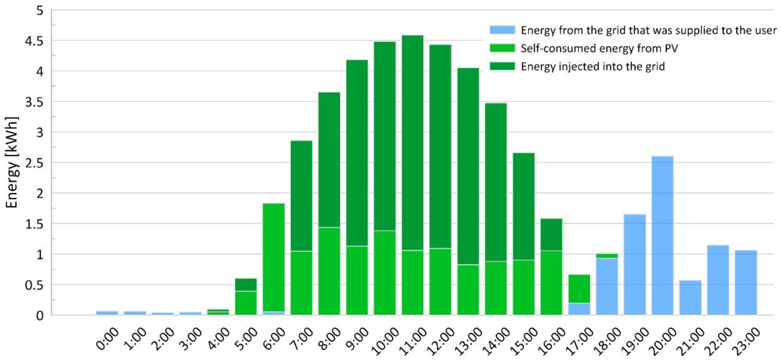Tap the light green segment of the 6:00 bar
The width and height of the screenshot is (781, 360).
click(273, 258)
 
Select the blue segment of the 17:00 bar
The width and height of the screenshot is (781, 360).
click(579, 309)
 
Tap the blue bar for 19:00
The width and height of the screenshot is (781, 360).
click(635, 264)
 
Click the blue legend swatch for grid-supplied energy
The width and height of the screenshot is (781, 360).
click(502, 30)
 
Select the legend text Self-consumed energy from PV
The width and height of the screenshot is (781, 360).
click(599, 48)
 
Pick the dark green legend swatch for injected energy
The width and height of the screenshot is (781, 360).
click(502, 66)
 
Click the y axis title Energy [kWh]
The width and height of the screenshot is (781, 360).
click(12, 162)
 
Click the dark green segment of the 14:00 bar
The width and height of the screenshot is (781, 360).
click(496, 182)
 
